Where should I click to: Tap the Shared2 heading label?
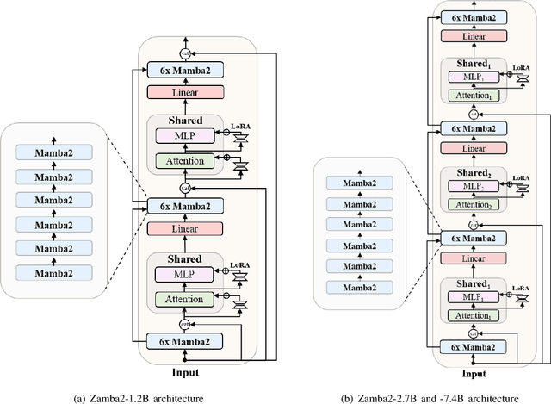[x=470, y=173]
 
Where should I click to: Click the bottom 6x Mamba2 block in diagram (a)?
[x=186, y=341]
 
